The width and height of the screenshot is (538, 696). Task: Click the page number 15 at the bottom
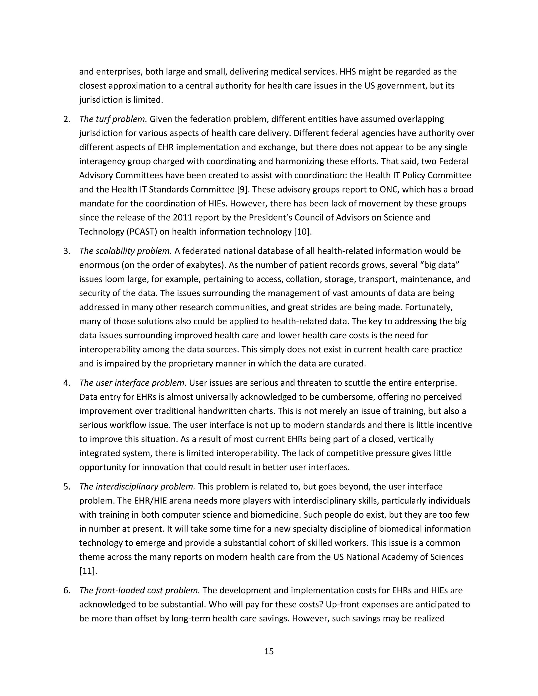click(269, 651)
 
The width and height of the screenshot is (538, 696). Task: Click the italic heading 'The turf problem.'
click(113, 119)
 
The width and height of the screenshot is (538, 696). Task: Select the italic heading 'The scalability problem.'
click(125, 251)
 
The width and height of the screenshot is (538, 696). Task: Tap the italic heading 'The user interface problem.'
click(133, 383)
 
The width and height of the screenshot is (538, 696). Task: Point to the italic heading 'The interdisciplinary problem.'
click(137, 487)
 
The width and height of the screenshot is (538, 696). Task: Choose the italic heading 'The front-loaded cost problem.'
click(139, 590)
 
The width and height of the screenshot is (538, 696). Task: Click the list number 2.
click(67, 119)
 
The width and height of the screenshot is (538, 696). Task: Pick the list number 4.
click(67, 383)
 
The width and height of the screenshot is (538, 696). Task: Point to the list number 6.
click(67, 590)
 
